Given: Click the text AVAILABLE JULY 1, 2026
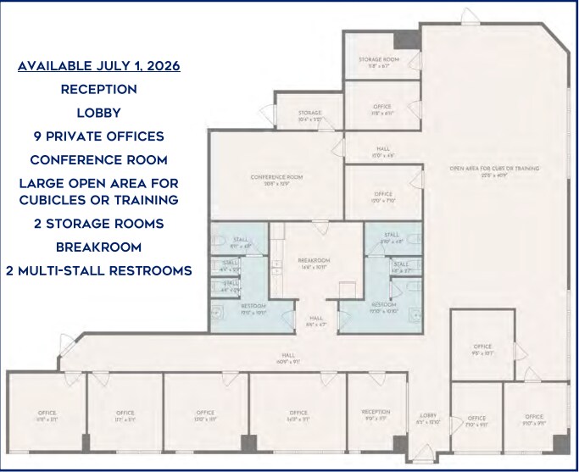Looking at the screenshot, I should (x=99, y=66).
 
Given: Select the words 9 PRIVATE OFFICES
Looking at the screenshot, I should (x=99, y=136).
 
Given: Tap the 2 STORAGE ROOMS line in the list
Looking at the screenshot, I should (x=99, y=225).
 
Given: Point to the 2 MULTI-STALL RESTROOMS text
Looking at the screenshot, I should (x=99, y=270).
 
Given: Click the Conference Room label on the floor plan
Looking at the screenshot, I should (x=276, y=179).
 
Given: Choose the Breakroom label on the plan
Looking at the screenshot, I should (x=313, y=262).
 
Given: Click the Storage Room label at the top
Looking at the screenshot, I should (x=378, y=61).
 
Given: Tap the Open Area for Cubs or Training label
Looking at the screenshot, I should (x=493, y=170).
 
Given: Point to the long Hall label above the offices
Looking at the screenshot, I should (x=288, y=358).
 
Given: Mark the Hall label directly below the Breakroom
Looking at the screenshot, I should (x=313, y=320).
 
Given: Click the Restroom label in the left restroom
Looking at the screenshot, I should (x=254, y=308).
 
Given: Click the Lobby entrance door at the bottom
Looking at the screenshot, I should (x=421, y=456).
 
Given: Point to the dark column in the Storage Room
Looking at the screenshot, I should (x=408, y=39).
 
